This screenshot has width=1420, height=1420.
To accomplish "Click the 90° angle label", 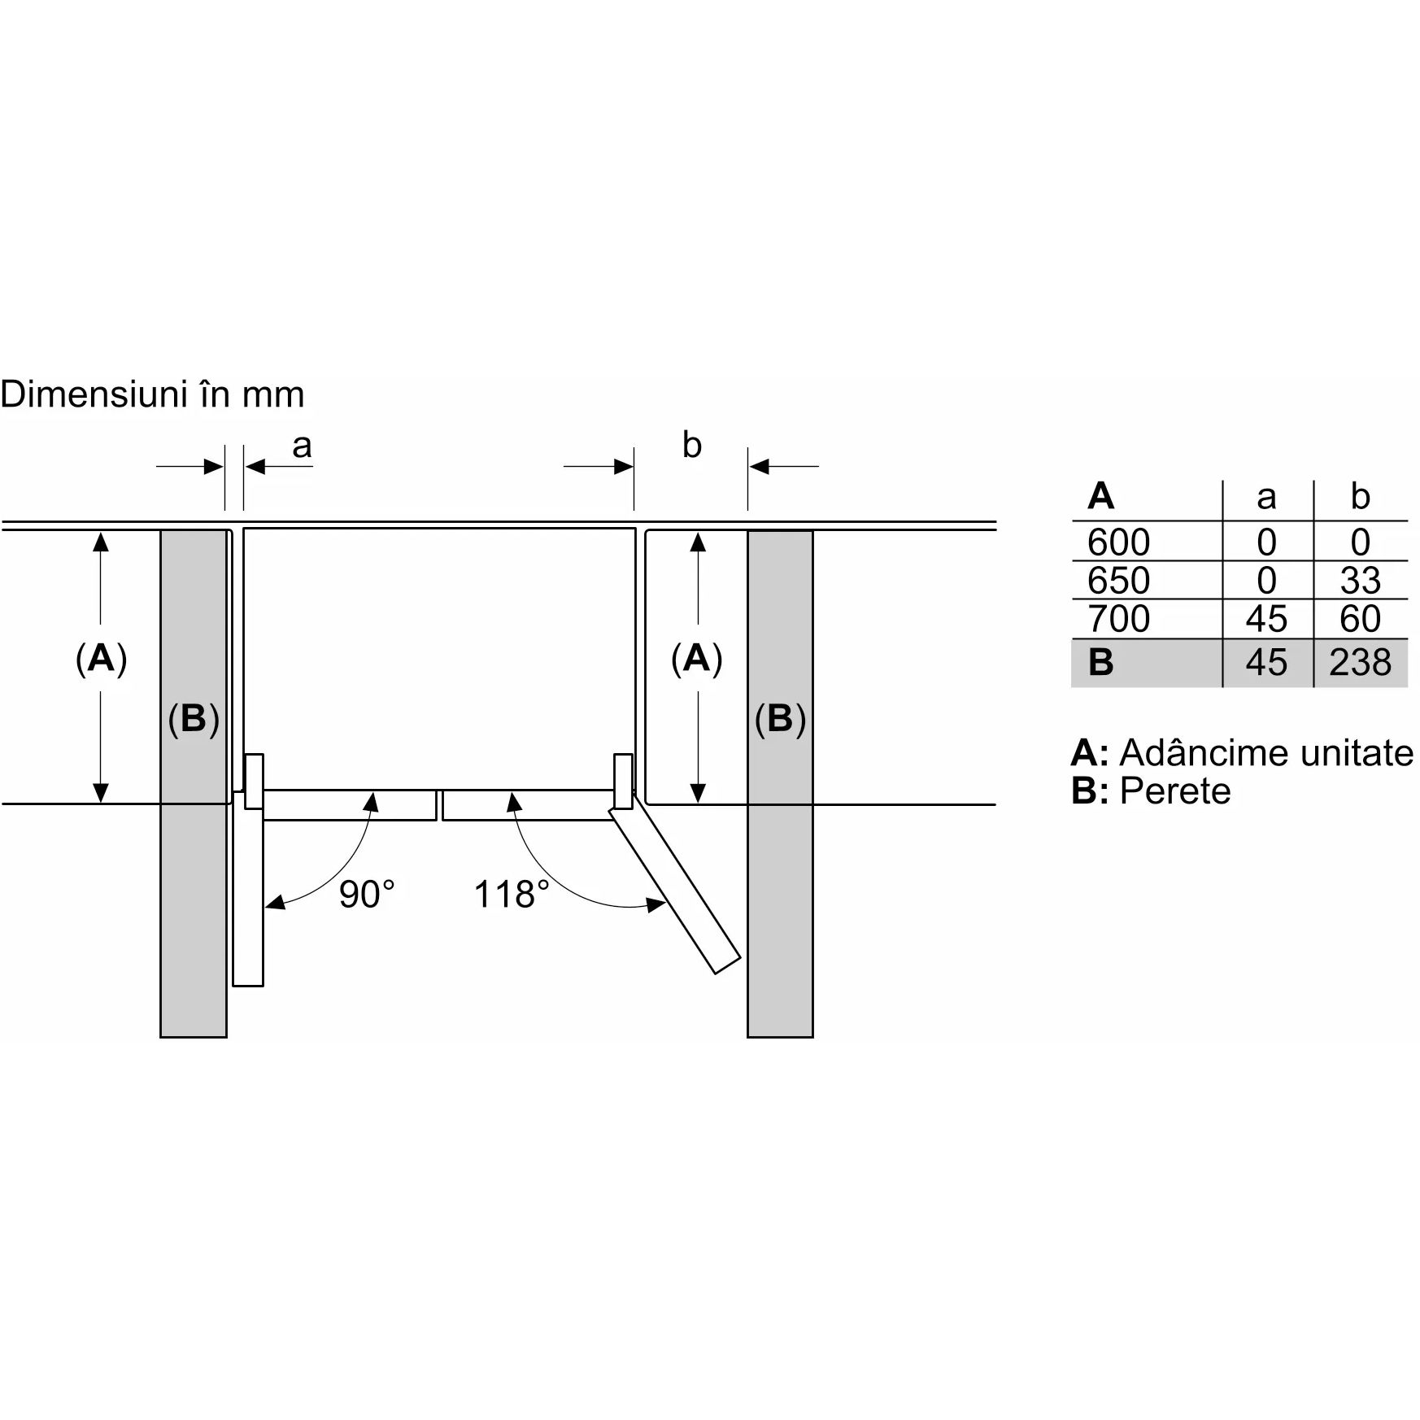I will (367, 895).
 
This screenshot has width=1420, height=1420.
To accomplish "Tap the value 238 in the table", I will (1360, 663).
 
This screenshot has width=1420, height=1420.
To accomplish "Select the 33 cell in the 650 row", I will (1360, 581).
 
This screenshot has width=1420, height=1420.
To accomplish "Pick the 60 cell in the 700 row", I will (1360, 619).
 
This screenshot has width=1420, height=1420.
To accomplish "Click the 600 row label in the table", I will (1118, 542).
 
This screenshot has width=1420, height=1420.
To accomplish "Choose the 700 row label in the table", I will (1118, 619).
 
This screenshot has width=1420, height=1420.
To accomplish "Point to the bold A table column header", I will (1100, 495).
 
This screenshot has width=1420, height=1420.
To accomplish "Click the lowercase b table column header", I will (1360, 496).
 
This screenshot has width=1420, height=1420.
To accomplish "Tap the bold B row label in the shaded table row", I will (1100, 663).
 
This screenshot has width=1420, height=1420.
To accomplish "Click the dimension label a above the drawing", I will (302, 446).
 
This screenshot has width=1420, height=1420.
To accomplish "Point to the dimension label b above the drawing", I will (691, 445).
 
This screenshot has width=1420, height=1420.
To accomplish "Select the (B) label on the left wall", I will (194, 719).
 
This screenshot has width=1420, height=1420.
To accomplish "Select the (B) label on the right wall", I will (780, 719).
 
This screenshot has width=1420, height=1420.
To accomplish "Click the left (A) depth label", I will (102, 658).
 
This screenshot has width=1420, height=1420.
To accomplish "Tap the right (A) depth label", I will (697, 658).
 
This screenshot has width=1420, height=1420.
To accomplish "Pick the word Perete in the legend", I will (1175, 791).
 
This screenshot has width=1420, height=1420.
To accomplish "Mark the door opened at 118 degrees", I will (676, 891).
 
